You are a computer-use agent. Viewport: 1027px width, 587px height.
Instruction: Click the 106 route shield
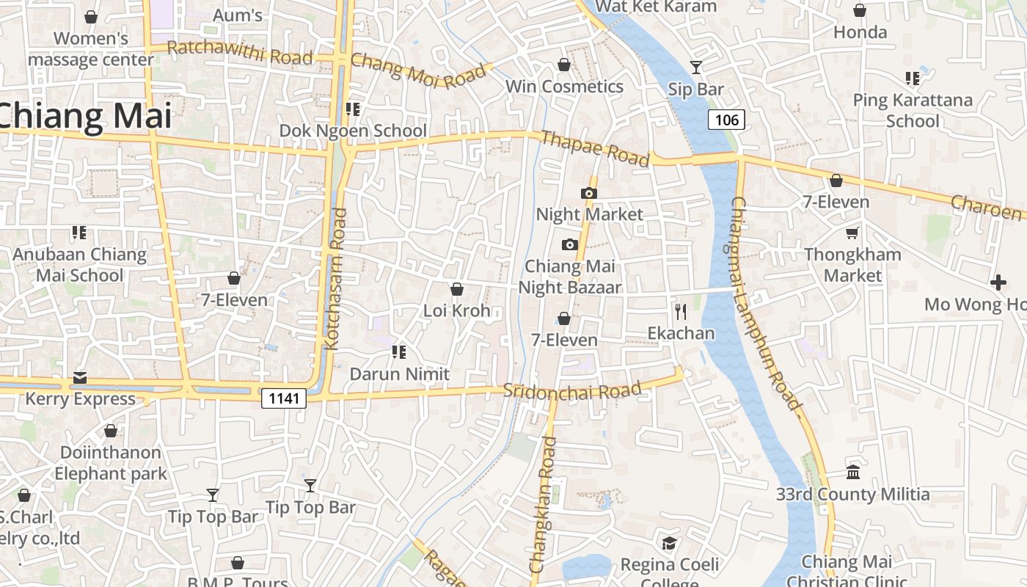tap(726, 120)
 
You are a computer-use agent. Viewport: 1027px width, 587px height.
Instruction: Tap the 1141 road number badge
tap(284, 398)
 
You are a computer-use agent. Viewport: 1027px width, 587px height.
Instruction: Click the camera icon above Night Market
tap(588, 193)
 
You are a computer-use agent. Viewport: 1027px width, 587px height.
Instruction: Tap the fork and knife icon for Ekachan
tap(681, 312)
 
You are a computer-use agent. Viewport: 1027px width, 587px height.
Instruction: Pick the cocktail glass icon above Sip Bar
tap(696, 68)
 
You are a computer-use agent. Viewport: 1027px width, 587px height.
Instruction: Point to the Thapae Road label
tap(594, 148)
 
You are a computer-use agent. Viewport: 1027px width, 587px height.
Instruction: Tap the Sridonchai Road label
tap(572, 390)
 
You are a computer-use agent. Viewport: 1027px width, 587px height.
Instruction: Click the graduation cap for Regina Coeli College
tap(669, 543)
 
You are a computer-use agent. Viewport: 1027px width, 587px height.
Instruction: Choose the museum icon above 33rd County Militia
tap(852, 472)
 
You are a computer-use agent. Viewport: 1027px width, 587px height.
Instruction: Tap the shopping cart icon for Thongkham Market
tap(852, 233)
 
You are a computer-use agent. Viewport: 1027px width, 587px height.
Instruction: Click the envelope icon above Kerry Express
tap(79, 378)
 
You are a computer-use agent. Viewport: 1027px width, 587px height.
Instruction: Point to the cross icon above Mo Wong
tap(998, 282)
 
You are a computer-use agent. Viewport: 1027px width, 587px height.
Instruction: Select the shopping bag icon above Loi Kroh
tap(456, 289)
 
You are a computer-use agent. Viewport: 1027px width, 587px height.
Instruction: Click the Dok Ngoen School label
tap(353, 131)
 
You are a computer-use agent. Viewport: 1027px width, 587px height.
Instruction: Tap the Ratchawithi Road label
tap(240, 53)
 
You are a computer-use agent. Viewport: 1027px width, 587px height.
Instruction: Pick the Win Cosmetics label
tap(564, 87)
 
